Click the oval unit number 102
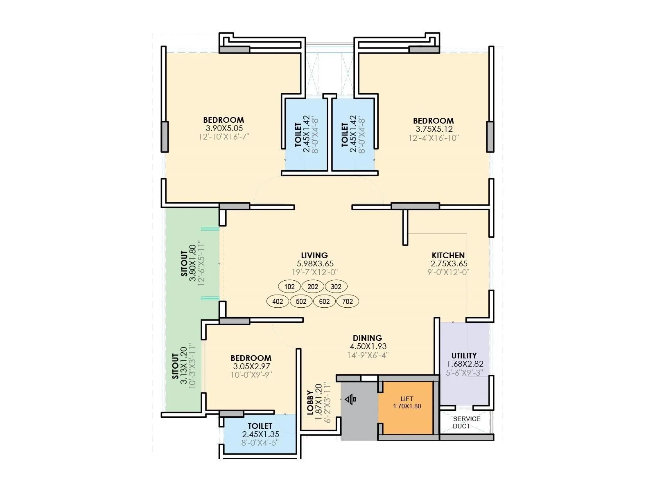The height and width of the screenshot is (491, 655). pyautogui.click(x=289, y=286)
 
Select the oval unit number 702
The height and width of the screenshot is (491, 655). pyautogui.click(x=348, y=302)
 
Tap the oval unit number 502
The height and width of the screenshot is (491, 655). pyautogui.click(x=301, y=302)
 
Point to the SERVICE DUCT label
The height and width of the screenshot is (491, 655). pyautogui.click(x=466, y=422)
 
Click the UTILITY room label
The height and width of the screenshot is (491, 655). pyautogui.click(x=464, y=355)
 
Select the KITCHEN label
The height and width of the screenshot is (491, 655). pyautogui.click(x=448, y=255)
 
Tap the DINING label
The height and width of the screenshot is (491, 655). pyautogui.click(x=367, y=338)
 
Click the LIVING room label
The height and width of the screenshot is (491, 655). pyautogui.click(x=314, y=255)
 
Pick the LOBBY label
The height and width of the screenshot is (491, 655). pyautogui.click(x=310, y=403)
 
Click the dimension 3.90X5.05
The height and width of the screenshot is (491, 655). pyautogui.click(x=224, y=128)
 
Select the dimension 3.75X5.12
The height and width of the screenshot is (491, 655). pyautogui.click(x=434, y=129)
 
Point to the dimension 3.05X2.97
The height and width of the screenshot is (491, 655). pyautogui.click(x=251, y=367)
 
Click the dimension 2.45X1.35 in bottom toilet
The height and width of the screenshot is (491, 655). pyautogui.click(x=260, y=435)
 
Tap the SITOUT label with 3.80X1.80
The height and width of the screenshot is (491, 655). pyautogui.click(x=184, y=264)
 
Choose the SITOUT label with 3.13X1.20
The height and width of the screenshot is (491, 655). pyautogui.click(x=175, y=366)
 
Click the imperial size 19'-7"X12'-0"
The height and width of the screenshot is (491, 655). pyautogui.click(x=314, y=272)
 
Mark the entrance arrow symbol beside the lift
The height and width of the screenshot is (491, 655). pyautogui.click(x=351, y=399)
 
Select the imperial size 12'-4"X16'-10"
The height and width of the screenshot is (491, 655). pyautogui.click(x=434, y=138)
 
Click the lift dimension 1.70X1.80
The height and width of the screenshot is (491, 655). pyautogui.click(x=407, y=406)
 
